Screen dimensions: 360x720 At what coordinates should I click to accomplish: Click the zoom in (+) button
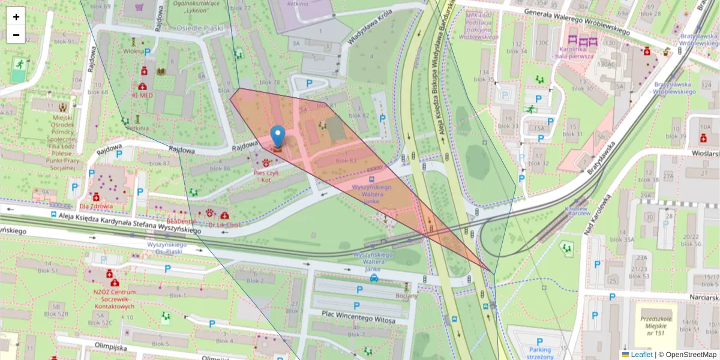16,17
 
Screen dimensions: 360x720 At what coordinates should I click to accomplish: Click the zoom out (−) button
16,35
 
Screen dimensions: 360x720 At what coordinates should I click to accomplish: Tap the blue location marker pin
278,137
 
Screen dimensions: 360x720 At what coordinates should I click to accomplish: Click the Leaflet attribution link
641,355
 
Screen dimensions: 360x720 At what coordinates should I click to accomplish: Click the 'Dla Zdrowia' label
98,206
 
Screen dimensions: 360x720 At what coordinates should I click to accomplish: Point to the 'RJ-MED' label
142,95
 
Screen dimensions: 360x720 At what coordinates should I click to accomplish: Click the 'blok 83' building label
346,161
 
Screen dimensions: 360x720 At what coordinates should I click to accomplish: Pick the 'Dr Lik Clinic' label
224,224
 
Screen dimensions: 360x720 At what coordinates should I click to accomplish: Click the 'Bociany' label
407,296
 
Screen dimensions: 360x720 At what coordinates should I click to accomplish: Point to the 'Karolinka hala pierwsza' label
575,52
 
